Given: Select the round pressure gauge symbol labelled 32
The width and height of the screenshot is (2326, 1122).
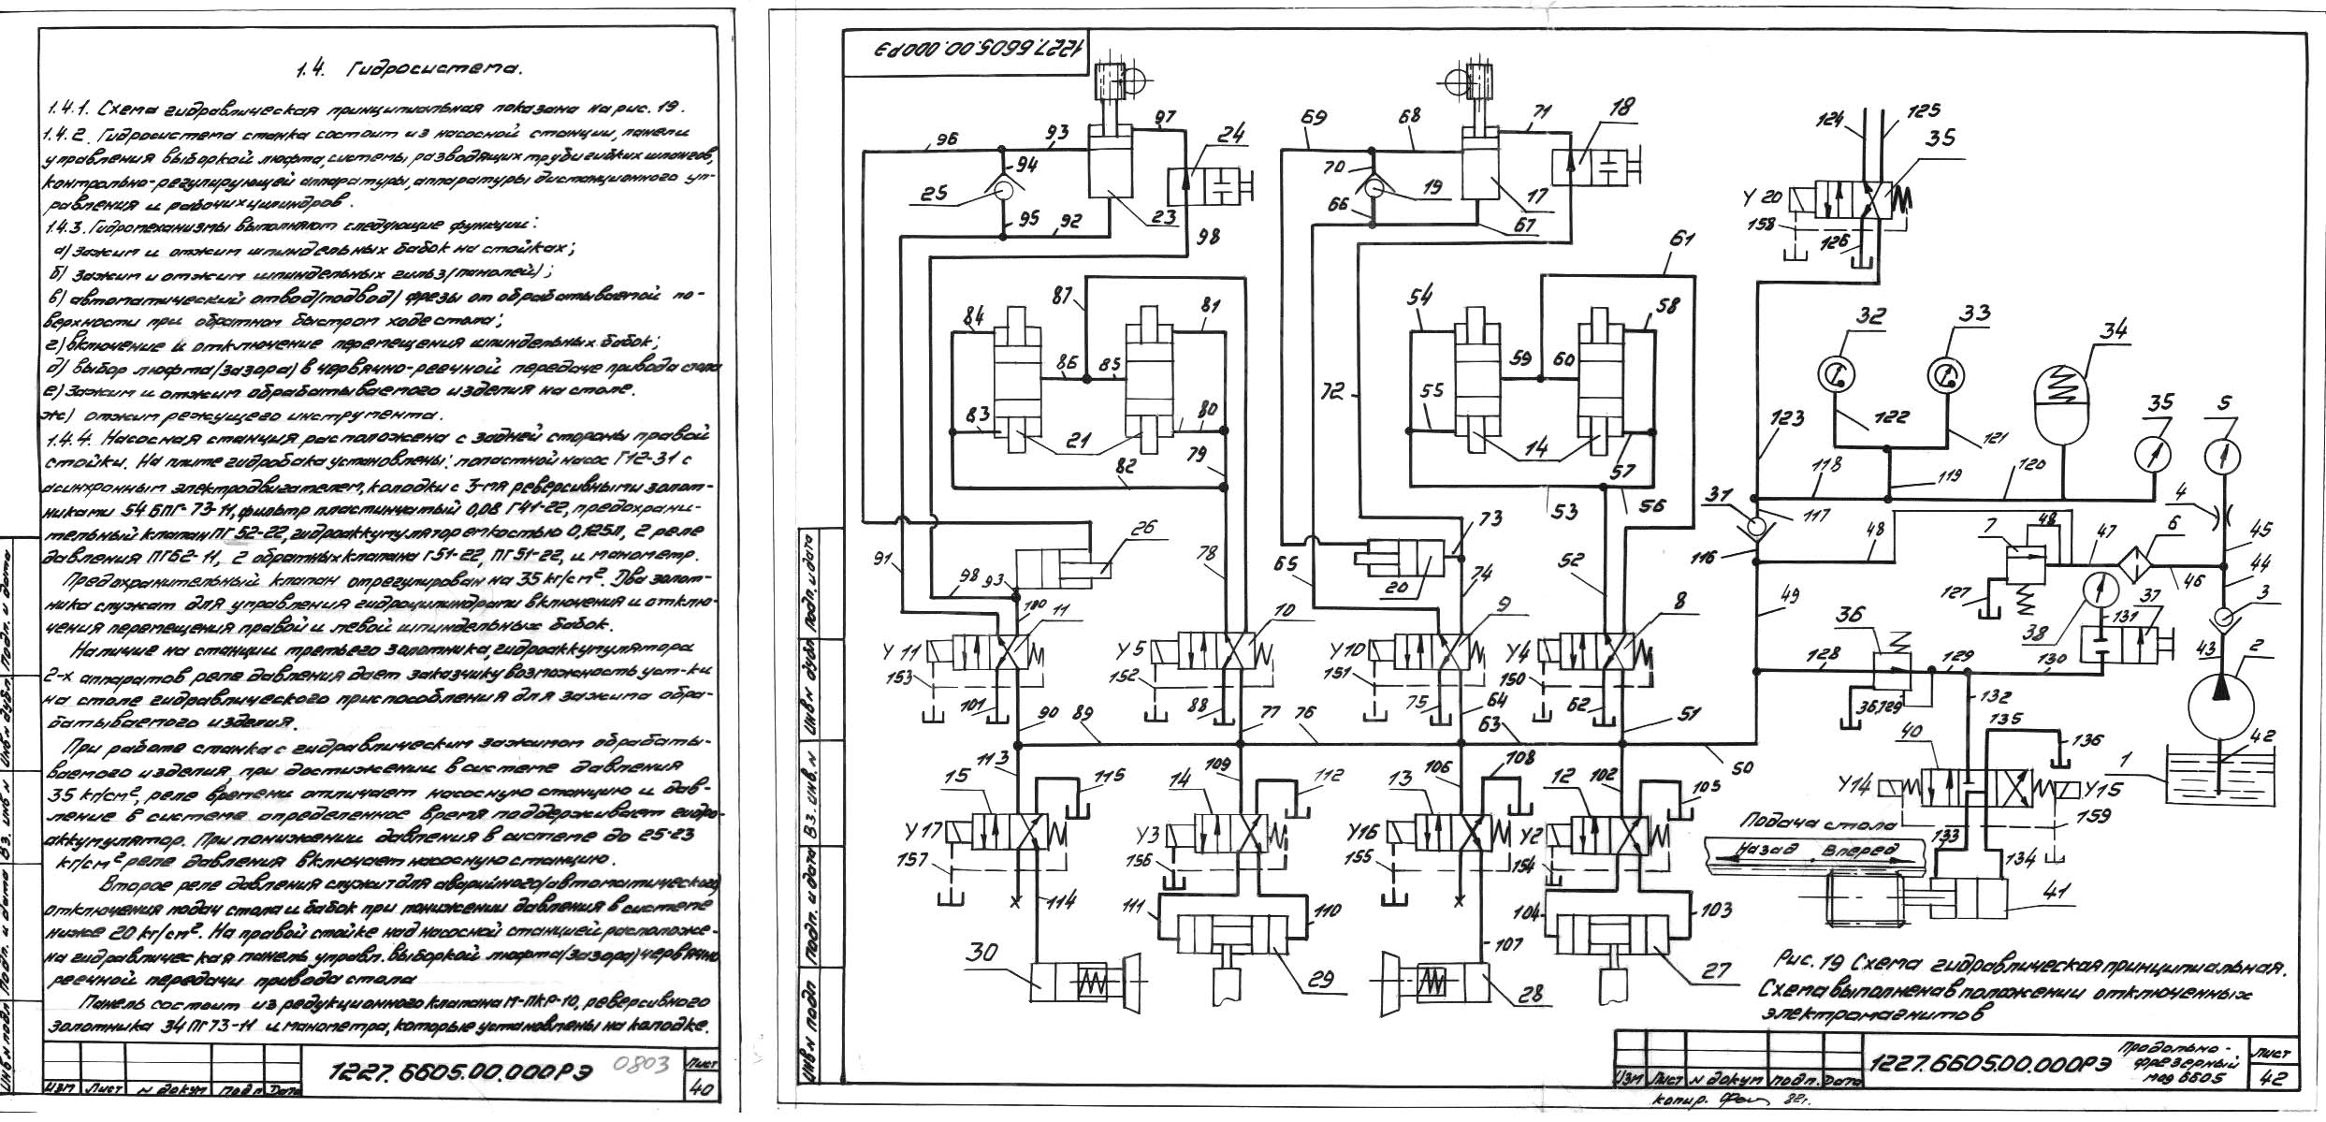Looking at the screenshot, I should coord(1837,376).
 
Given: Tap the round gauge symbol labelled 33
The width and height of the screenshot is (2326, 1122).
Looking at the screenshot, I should coord(1946,376).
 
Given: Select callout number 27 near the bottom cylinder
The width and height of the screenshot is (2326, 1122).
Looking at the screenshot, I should coord(1717,971).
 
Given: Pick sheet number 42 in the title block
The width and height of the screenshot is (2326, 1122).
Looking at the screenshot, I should coord(2271,1078).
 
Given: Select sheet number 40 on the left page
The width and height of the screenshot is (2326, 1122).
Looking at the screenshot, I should coord(699,1088).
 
